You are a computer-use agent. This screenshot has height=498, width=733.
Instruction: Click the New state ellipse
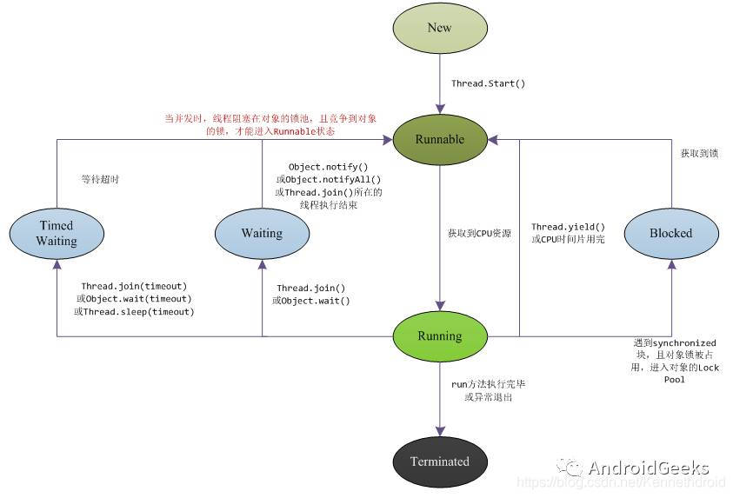pyautogui.click(x=439, y=28)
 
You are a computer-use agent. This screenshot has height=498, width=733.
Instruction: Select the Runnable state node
pyautogui.click(x=439, y=139)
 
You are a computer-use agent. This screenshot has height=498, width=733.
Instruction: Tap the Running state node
pyautogui.click(x=439, y=335)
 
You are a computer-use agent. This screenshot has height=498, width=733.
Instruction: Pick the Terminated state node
pyautogui.click(x=439, y=461)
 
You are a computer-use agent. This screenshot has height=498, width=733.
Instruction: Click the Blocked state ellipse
pyautogui.click(x=670, y=233)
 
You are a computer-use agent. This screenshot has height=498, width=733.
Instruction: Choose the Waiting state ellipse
pyautogui.click(x=262, y=233)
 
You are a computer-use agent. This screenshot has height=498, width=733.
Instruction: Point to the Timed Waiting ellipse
pyautogui.click(x=57, y=233)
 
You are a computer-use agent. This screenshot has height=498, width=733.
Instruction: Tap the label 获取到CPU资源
pyautogui.click(x=479, y=234)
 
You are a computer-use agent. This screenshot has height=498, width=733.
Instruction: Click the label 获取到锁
pyautogui.click(x=699, y=154)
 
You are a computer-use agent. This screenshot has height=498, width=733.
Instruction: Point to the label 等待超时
pyautogui.click(x=98, y=179)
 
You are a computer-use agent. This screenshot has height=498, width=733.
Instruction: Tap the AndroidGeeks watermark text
pyautogui.click(x=648, y=468)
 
